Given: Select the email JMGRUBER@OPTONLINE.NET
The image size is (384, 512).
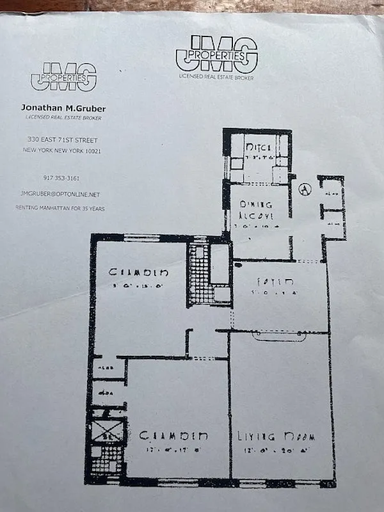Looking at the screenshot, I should [60, 193].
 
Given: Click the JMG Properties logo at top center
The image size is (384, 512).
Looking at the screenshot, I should [216, 54].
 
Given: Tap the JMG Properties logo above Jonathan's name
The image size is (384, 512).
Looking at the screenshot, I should [64, 77].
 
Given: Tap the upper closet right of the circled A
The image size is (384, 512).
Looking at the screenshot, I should [333, 192].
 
